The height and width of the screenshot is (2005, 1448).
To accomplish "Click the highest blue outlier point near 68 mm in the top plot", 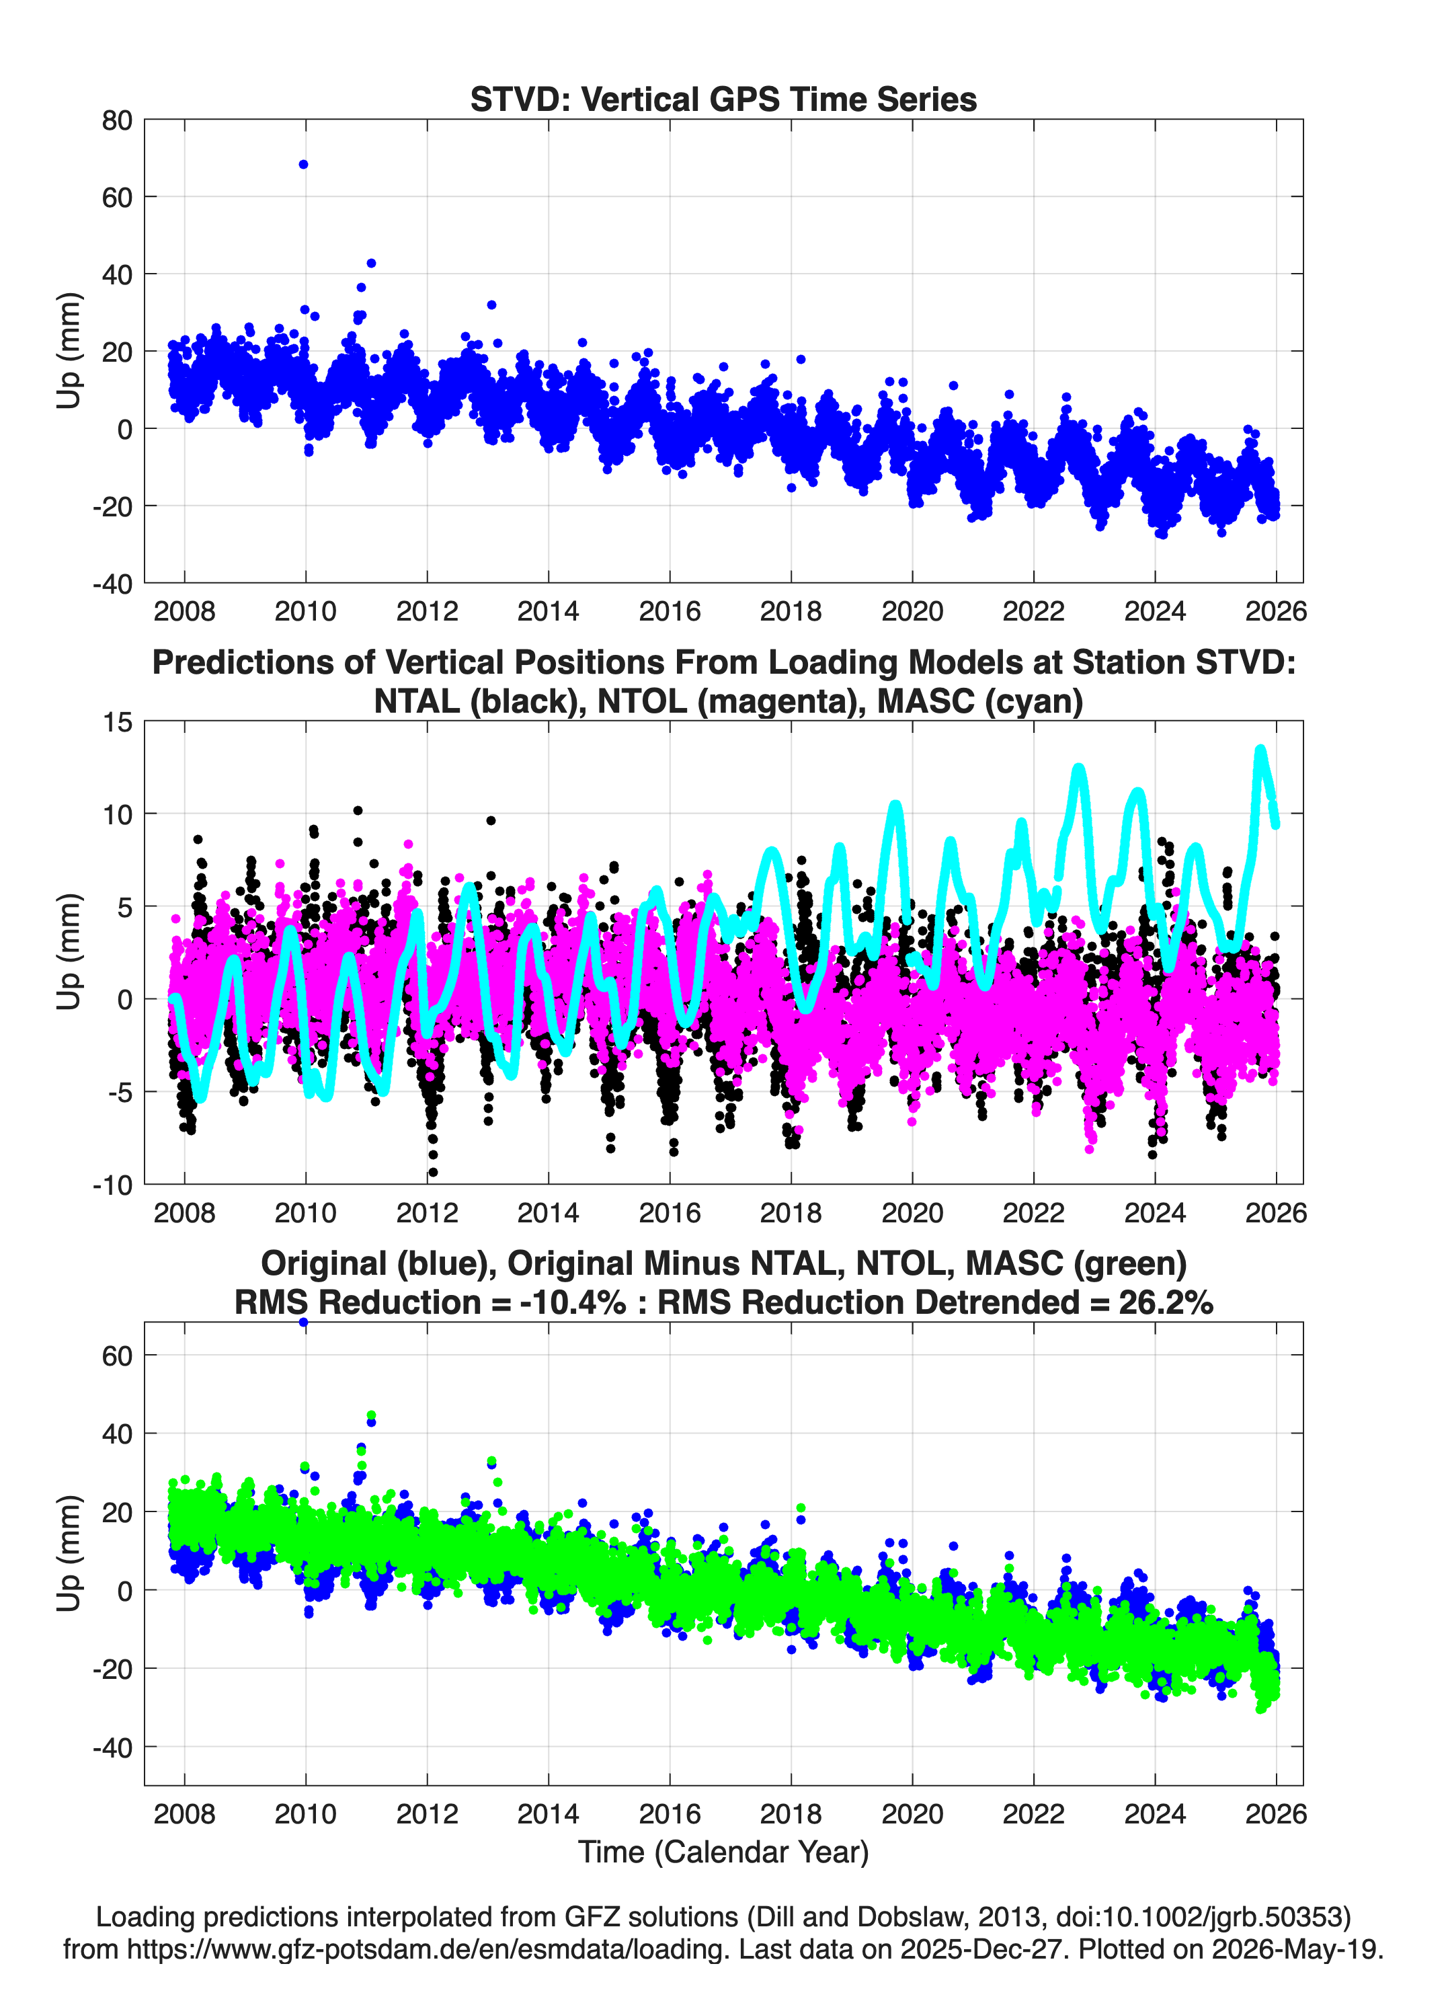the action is [x=303, y=165].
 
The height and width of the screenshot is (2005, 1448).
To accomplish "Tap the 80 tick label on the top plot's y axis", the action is [x=117, y=120].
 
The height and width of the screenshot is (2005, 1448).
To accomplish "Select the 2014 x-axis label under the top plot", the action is [x=548, y=611].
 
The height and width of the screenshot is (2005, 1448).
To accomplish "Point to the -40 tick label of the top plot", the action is [x=112, y=584].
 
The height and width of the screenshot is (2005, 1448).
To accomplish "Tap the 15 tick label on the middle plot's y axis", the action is [x=118, y=722].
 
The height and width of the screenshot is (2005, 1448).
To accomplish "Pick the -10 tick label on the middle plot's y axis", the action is [x=112, y=1185].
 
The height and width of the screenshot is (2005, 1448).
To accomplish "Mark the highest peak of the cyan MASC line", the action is [x=1260, y=750].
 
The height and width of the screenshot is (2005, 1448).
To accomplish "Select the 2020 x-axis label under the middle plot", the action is [x=912, y=1213].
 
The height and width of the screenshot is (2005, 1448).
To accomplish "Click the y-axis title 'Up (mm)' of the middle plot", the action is [x=69, y=952].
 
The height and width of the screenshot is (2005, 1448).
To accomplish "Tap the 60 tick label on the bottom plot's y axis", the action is [x=117, y=1355].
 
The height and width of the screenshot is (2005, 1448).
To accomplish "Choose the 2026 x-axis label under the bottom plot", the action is [x=1276, y=1814].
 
